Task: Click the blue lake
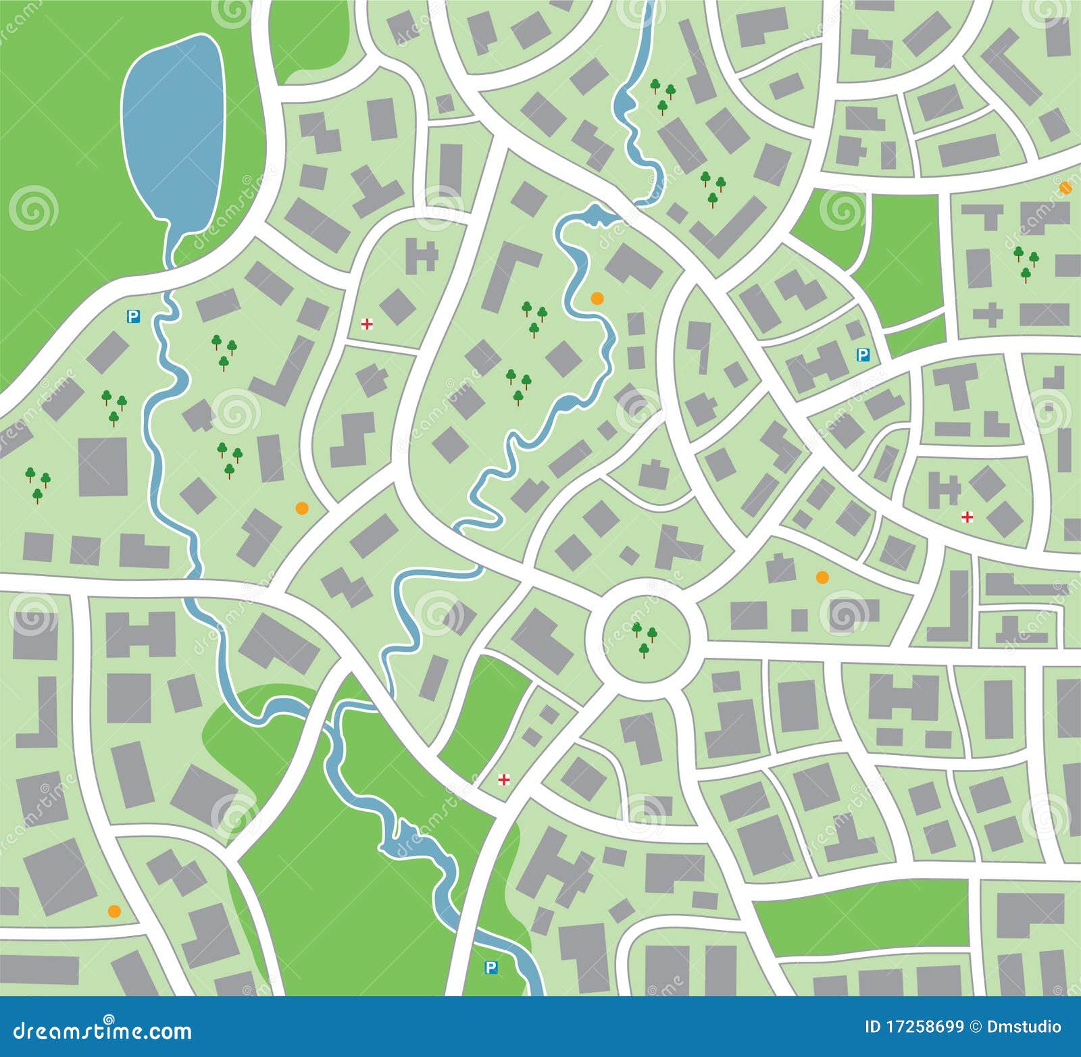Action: [x=174, y=128]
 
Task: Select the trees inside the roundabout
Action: [x=644, y=639]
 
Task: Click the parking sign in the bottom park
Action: [x=491, y=968]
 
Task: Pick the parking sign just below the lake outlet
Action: [x=134, y=315]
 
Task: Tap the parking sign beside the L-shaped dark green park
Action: [x=863, y=355]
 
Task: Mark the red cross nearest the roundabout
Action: [x=503, y=780]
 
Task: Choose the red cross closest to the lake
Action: [x=367, y=325]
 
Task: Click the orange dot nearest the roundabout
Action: [x=822, y=577]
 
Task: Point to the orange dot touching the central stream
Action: [x=596, y=297]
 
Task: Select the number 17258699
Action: [x=925, y=1027]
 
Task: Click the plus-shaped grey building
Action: [x=988, y=315]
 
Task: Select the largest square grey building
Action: [x=103, y=467]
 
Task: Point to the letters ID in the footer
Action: [x=873, y=1027]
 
